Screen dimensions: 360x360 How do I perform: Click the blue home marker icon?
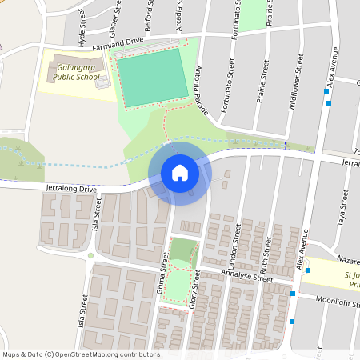[180, 172]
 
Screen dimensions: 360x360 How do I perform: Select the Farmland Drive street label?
[118, 44]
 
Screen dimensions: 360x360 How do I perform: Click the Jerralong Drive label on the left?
[72, 189]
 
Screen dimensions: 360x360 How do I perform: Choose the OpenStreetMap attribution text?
[81, 354]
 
